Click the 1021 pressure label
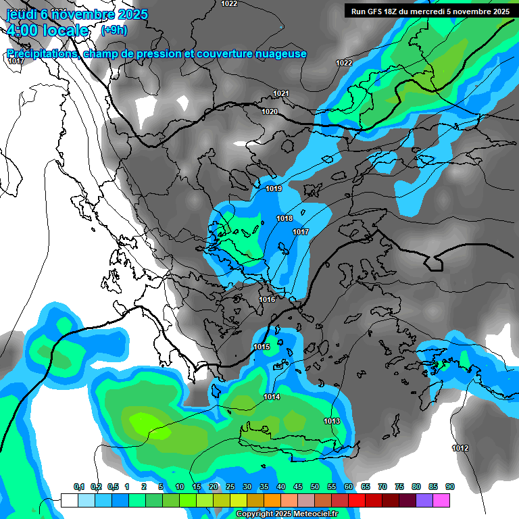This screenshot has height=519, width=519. (x=281, y=93)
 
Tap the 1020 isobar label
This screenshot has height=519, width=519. (x=270, y=112)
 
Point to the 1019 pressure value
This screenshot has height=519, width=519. (x=274, y=189)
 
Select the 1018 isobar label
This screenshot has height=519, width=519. (x=285, y=218)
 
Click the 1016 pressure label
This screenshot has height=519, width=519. (x=267, y=299)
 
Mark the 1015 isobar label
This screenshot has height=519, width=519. (x=262, y=347)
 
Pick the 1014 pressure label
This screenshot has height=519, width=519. (x=272, y=397)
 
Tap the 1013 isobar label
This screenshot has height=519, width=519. (x=331, y=421)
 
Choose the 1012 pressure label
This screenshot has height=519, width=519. (x=460, y=448)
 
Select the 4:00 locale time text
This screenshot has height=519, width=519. (x=47, y=30)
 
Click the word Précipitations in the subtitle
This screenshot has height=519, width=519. (x=42, y=53)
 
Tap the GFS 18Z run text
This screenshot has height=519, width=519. (x=382, y=11)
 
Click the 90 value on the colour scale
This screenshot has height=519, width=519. (x=450, y=487)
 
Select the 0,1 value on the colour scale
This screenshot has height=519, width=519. (x=78, y=487)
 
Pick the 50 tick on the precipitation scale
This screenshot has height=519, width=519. (x=315, y=487)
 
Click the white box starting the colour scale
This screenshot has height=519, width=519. (x=69, y=500)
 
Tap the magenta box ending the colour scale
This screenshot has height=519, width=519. (x=441, y=500)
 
